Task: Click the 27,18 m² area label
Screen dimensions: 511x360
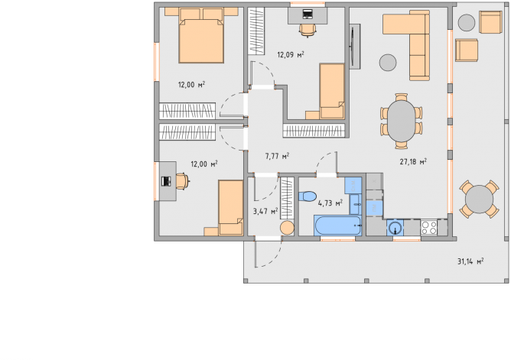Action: [413, 161]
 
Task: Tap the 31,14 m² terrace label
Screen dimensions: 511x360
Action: [470, 261]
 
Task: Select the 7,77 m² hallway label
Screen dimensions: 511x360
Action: [277, 156]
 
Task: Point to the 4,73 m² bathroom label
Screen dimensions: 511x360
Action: [330, 203]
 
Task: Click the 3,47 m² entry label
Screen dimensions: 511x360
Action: [265, 211]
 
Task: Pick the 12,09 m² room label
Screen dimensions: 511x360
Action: [291, 54]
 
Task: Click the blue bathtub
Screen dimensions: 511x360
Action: [337, 225]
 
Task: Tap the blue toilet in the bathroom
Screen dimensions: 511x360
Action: [308, 196]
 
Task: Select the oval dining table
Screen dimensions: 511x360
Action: [402, 121]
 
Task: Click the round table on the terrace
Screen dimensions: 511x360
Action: [479, 199]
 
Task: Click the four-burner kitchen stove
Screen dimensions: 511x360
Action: [429, 227]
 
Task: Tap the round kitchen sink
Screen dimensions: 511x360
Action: [395, 228]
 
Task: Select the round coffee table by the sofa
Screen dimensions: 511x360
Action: [388, 62]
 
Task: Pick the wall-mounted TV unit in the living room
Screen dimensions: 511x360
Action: [355, 46]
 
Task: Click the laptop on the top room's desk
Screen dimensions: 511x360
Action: [308, 14]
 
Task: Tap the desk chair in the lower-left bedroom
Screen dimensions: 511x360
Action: [183, 181]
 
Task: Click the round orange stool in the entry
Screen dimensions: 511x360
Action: [287, 228]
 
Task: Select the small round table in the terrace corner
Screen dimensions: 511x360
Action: [467, 23]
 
